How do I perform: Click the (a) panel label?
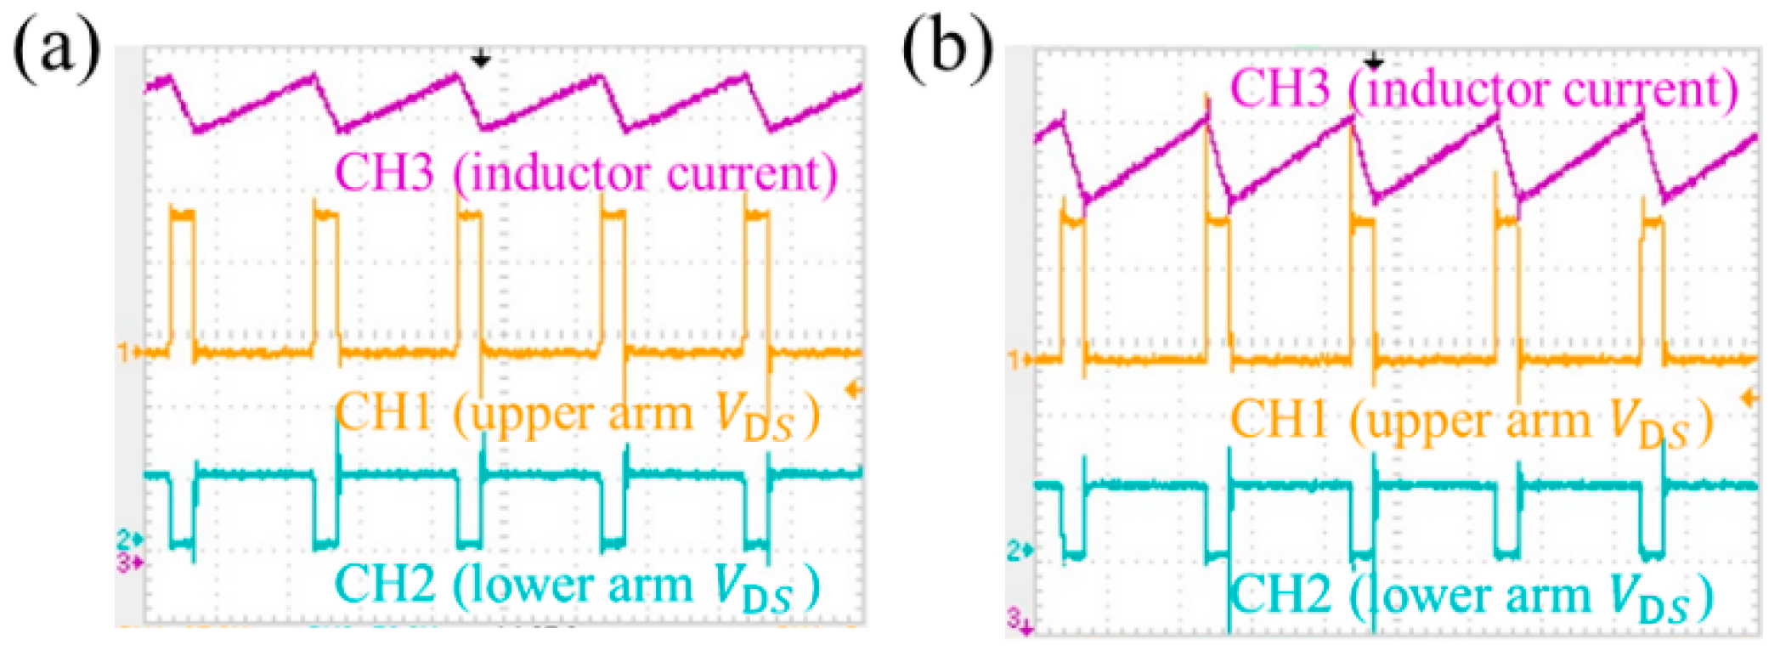56,48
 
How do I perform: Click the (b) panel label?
947,48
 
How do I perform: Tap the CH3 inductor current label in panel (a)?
586,173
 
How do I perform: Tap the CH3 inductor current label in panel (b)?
1483,88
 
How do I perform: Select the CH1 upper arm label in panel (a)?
578,416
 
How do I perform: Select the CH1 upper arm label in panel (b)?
1471,422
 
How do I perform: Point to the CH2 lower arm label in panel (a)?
578,586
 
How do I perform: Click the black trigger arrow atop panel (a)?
481,59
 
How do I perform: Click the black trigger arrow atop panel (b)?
1373,60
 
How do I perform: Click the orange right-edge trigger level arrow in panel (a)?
853,390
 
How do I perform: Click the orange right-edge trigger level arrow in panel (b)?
1749,398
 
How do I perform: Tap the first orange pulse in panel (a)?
182,280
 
